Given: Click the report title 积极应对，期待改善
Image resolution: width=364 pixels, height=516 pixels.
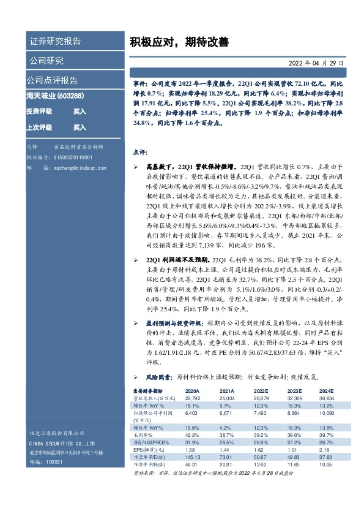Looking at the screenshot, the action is point(179,42).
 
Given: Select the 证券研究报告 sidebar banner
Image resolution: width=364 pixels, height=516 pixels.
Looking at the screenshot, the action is point(54,42).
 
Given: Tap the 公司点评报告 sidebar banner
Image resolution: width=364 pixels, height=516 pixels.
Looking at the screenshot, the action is point(52,80).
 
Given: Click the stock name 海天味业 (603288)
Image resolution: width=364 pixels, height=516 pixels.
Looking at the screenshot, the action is point(54,96).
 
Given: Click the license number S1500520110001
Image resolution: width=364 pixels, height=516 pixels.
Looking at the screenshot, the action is point(76,157).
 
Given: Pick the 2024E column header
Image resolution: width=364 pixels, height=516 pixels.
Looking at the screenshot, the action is point(327,390).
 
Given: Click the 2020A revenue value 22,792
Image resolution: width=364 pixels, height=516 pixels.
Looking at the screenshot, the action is point(192,397).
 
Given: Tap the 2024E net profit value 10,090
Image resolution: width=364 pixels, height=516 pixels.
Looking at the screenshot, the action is point(327,413).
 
